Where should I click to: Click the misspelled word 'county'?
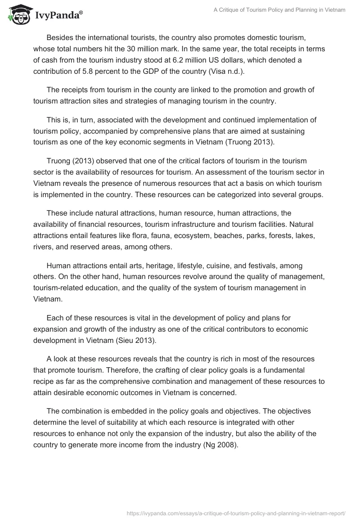click(161, 90)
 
